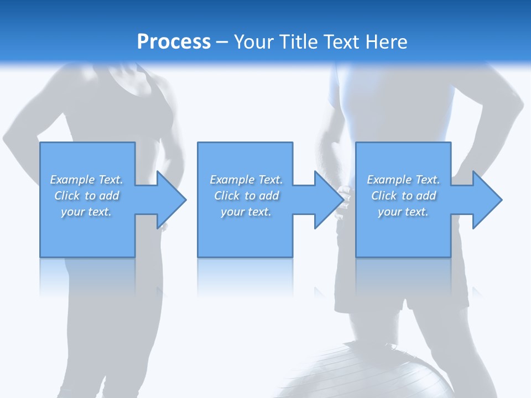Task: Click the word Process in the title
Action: coord(174,42)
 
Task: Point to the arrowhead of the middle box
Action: coord(328,200)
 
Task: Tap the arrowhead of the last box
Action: coord(486,200)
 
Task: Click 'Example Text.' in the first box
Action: coord(86,180)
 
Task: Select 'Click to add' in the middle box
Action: coord(246,196)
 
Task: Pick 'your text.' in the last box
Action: coord(403,212)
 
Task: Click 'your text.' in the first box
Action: coord(86,212)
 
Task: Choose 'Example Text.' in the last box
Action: coord(403,180)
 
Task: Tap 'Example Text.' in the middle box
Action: coord(246,180)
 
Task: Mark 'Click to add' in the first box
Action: coord(86,196)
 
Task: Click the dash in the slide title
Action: coord(222,42)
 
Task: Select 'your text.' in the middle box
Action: coord(246,212)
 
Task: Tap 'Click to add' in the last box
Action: coord(403,196)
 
